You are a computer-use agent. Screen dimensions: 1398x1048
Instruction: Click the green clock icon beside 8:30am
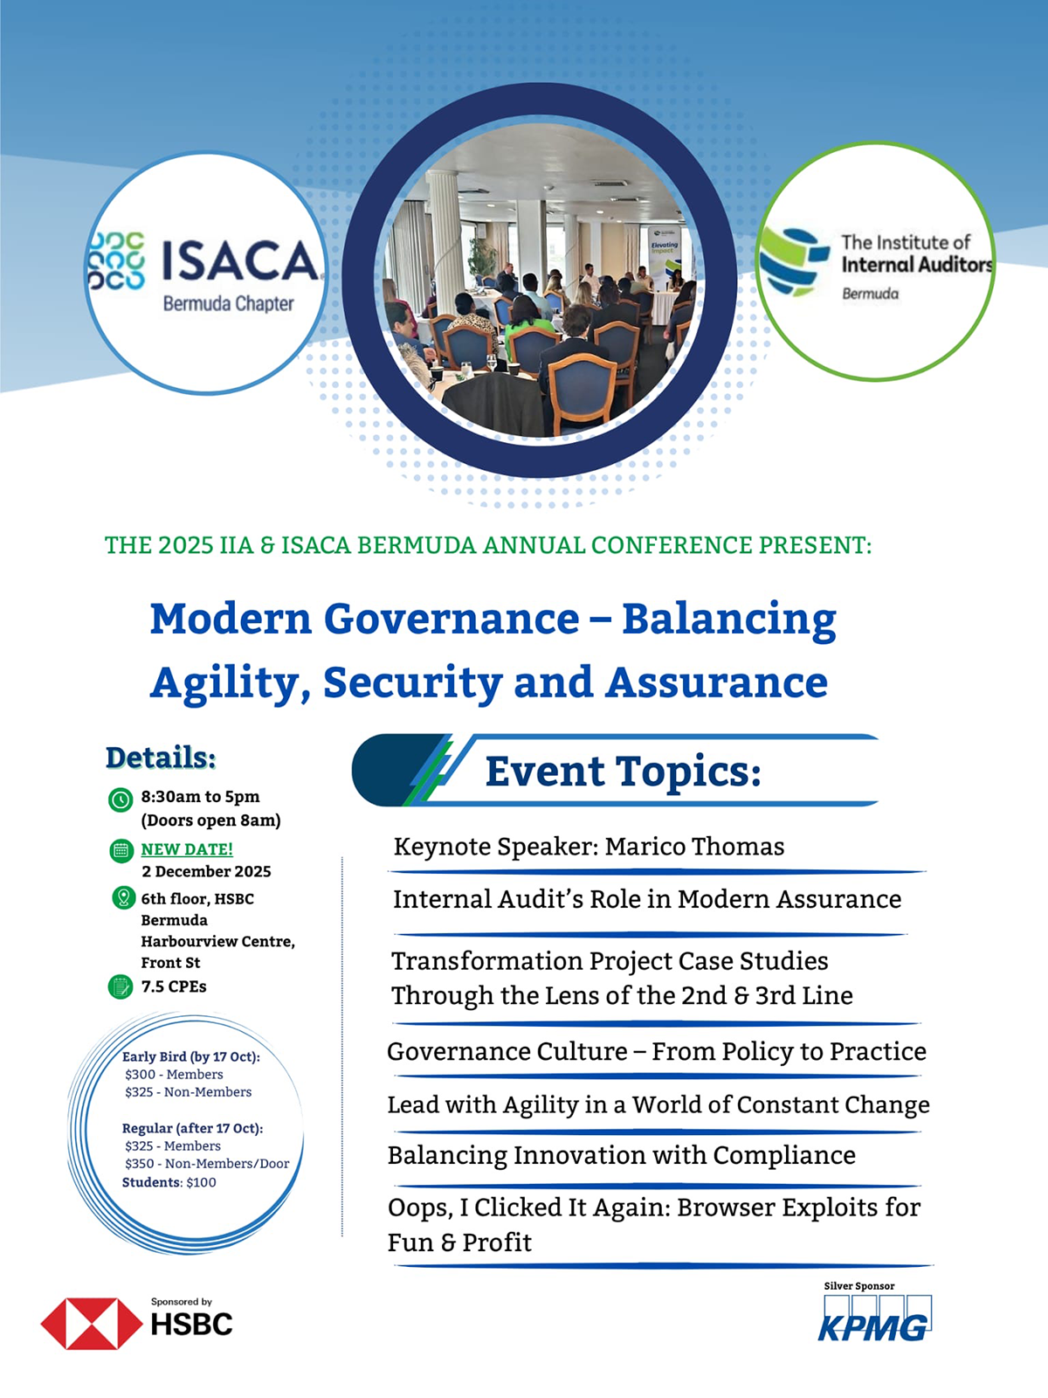[121, 799]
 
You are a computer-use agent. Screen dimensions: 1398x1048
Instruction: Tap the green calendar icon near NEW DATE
[121, 850]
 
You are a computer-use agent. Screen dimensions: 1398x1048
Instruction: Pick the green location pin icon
[123, 898]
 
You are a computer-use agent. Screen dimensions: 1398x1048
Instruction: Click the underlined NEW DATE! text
[187, 849]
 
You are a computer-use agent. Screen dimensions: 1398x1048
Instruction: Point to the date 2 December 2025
[206, 871]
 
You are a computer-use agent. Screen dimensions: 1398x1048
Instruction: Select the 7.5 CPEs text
[174, 986]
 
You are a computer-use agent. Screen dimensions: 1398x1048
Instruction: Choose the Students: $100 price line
[169, 1182]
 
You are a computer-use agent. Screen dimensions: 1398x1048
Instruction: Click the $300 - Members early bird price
[174, 1075]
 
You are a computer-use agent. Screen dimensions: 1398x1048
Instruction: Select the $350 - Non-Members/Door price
[207, 1164]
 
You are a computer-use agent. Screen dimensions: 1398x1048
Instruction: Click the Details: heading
[161, 758]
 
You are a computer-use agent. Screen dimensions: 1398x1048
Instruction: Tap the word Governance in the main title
[452, 619]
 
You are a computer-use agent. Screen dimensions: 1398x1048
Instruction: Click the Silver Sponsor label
[859, 1286]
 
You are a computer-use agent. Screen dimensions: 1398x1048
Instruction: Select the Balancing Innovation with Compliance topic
[622, 1156]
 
